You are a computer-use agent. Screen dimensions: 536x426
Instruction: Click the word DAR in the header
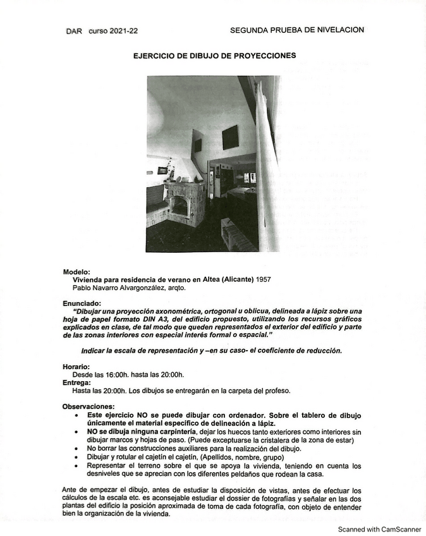tap(74, 31)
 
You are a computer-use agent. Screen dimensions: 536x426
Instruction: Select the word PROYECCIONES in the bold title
tap(264, 56)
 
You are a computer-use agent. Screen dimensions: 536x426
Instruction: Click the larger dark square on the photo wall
tap(230, 137)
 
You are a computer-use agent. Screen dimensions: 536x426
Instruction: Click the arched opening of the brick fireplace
tap(180, 206)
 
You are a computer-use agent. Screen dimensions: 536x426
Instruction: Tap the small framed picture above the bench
tap(162, 171)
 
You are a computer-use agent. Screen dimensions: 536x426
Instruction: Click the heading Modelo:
tap(76, 272)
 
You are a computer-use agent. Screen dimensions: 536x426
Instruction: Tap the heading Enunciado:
tap(82, 303)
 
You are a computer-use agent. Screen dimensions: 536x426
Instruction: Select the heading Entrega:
tap(76, 382)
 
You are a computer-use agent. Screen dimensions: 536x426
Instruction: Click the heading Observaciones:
tap(88, 406)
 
